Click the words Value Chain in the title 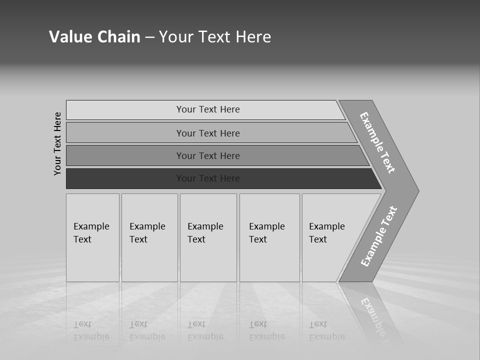[94, 37]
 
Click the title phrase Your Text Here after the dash [215, 37]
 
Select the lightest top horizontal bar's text [208, 109]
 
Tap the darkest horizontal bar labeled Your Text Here [208, 178]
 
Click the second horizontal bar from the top [208, 133]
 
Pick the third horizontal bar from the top [208, 156]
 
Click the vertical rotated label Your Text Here [57, 143]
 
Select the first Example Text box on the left [91, 233]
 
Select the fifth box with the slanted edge [327, 233]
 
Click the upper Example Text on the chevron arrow [378, 142]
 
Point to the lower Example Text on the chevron [379, 236]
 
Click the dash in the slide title [149, 37]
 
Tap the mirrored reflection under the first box [91, 330]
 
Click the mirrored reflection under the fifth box [327, 330]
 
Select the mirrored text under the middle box [205, 330]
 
